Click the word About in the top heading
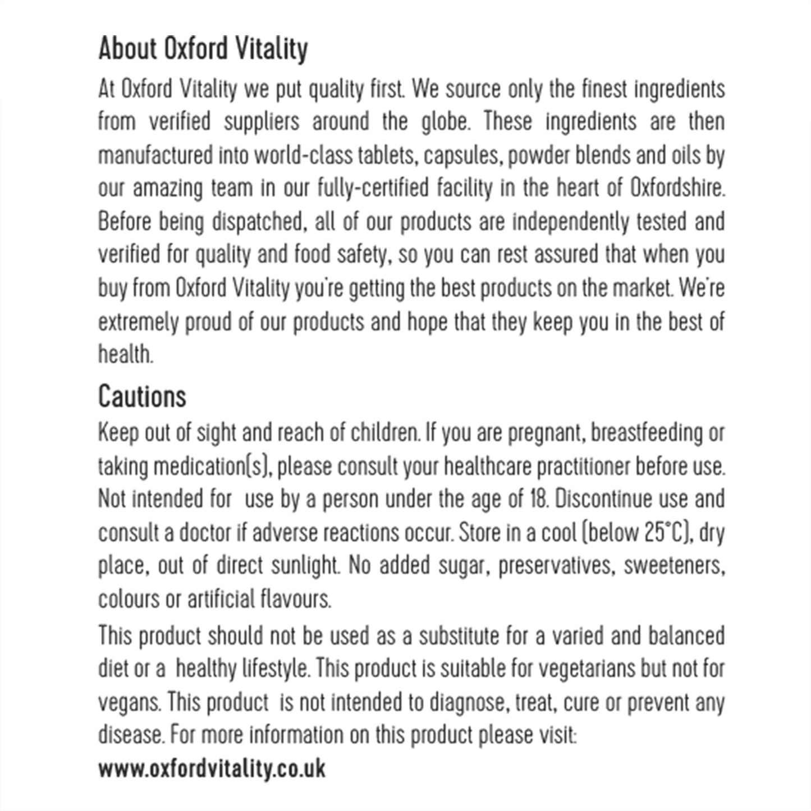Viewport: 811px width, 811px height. pos(127,49)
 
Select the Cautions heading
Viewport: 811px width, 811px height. pos(142,397)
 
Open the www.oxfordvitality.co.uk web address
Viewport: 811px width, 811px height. pos(212,768)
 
